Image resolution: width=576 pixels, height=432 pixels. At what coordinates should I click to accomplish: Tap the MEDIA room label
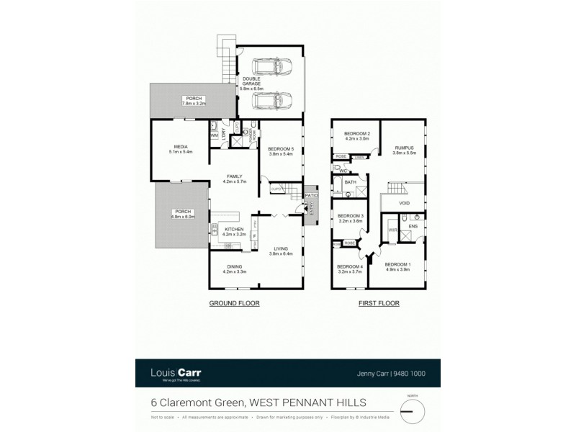click(170, 147)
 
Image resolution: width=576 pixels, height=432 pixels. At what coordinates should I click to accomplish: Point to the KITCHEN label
click(233, 230)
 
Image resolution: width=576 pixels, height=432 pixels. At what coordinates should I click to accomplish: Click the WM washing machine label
click(214, 135)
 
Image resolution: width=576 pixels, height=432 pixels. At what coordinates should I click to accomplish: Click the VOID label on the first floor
click(405, 204)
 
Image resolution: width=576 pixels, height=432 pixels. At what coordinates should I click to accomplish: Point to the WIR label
click(392, 230)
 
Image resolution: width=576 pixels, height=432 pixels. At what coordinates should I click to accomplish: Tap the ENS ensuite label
click(413, 226)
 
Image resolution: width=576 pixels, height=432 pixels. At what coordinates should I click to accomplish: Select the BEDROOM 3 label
click(350, 216)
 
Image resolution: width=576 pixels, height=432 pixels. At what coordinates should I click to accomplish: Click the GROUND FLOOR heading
click(234, 304)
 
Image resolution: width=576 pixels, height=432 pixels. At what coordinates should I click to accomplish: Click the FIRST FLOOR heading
click(379, 304)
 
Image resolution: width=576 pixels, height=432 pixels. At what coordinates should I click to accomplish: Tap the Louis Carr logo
click(176, 373)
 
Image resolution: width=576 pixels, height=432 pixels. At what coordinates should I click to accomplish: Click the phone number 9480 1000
click(418, 374)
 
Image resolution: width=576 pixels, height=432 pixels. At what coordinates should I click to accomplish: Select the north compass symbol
click(413, 411)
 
